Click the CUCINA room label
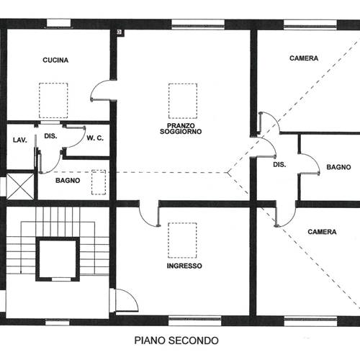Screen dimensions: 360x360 (x=55, y=60)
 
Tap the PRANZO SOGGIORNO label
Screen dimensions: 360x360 (x=181, y=129)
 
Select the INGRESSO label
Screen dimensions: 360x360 (x=184, y=266)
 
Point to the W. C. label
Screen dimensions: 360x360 (x=95, y=138)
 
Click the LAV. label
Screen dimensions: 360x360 (x=20, y=140)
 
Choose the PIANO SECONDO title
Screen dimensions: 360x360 (x=176, y=341)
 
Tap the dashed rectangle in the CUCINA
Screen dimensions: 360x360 (x=53, y=101)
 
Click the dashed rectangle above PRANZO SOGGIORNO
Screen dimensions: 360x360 (x=183, y=101)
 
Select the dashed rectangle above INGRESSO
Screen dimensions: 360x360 (x=182, y=240)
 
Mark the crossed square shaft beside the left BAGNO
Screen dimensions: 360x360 (x=20, y=186)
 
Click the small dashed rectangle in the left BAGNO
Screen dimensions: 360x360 (x=99, y=182)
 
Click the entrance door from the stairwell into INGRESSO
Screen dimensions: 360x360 (x=127, y=300)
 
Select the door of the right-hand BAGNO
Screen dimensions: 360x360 (x=310, y=164)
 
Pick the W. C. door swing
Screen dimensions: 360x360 (x=74, y=138)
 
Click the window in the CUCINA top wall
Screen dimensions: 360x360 (x=58, y=24)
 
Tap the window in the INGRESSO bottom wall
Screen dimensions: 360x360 (x=194, y=321)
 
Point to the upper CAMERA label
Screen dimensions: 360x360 (x=304, y=58)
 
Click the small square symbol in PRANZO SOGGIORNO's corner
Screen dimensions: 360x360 (x=120, y=32)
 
